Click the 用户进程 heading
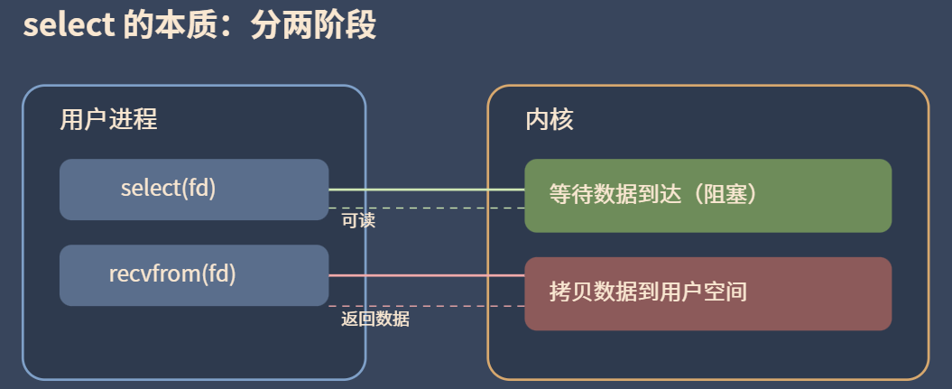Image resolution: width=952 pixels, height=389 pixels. coord(108,119)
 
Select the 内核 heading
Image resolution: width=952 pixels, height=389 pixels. coord(549,119)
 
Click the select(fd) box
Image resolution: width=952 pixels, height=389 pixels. coord(194,190)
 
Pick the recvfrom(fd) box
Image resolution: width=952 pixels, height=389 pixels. coord(194,275)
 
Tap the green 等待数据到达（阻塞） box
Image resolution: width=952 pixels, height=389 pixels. coord(707,195)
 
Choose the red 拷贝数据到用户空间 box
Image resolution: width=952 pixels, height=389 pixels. coord(707,293)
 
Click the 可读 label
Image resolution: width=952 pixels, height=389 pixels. coord(358,220)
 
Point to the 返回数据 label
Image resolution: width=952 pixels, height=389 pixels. coord(374,319)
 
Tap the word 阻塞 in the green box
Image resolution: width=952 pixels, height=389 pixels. coord(716,195)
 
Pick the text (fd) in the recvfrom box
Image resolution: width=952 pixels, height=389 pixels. coord(220,274)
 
